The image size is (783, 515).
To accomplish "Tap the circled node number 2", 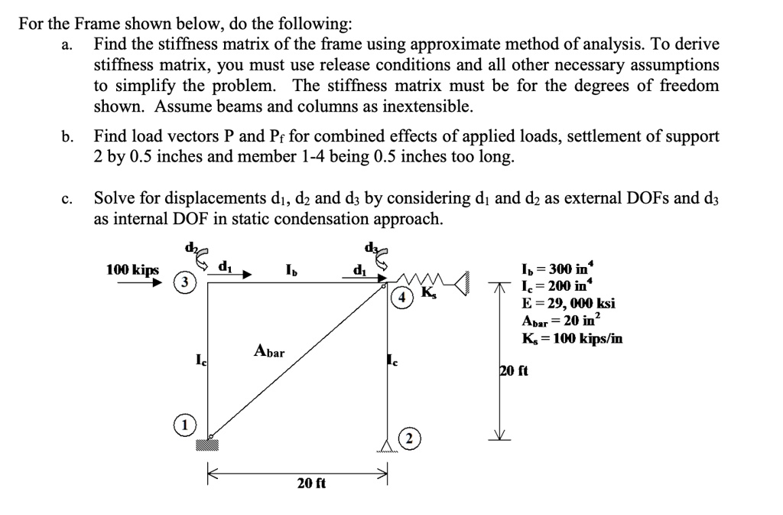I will pyautogui.click(x=411, y=438).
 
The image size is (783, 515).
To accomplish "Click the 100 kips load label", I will pyautogui.click(x=133, y=269).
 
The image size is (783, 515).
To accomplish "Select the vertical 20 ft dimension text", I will pyautogui.click(x=513, y=371).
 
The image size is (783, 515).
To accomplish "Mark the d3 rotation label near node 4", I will pyautogui.click(x=372, y=249).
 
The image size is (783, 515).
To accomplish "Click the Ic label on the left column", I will pyautogui.click(x=200, y=358).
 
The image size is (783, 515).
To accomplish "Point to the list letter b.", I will pyautogui.click(x=67, y=137).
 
